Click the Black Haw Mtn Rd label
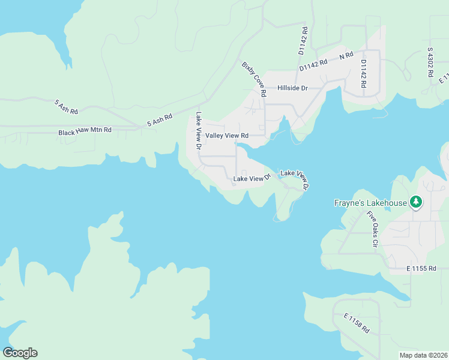pyautogui.click(x=85, y=131)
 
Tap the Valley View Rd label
pyautogui.click(x=227, y=136)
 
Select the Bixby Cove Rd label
pyautogui.click(x=254, y=79)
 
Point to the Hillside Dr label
pyautogui.click(x=292, y=88)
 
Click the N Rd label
pyautogui.click(x=346, y=56)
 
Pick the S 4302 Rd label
pyautogui.click(x=430, y=62)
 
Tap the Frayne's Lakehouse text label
pyautogui.click(x=370, y=203)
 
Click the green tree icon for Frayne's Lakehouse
pyautogui.click(x=415, y=202)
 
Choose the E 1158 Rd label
pyautogui.click(x=357, y=323)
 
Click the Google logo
pyautogui.click(x=20, y=353)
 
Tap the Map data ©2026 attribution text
pyautogui.click(x=423, y=355)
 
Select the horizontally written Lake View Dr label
pyautogui.click(x=252, y=179)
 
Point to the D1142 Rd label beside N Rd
pyautogui.click(x=315, y=62)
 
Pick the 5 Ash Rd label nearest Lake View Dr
pyautogui.click(x=160, y=121)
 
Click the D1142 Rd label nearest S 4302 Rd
pyautogui.click(x=364, y=73)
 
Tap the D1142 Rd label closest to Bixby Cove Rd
pyautogui.click(x=304, y=41)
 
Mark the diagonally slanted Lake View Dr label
pyautogui.click(x=295, y=179)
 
